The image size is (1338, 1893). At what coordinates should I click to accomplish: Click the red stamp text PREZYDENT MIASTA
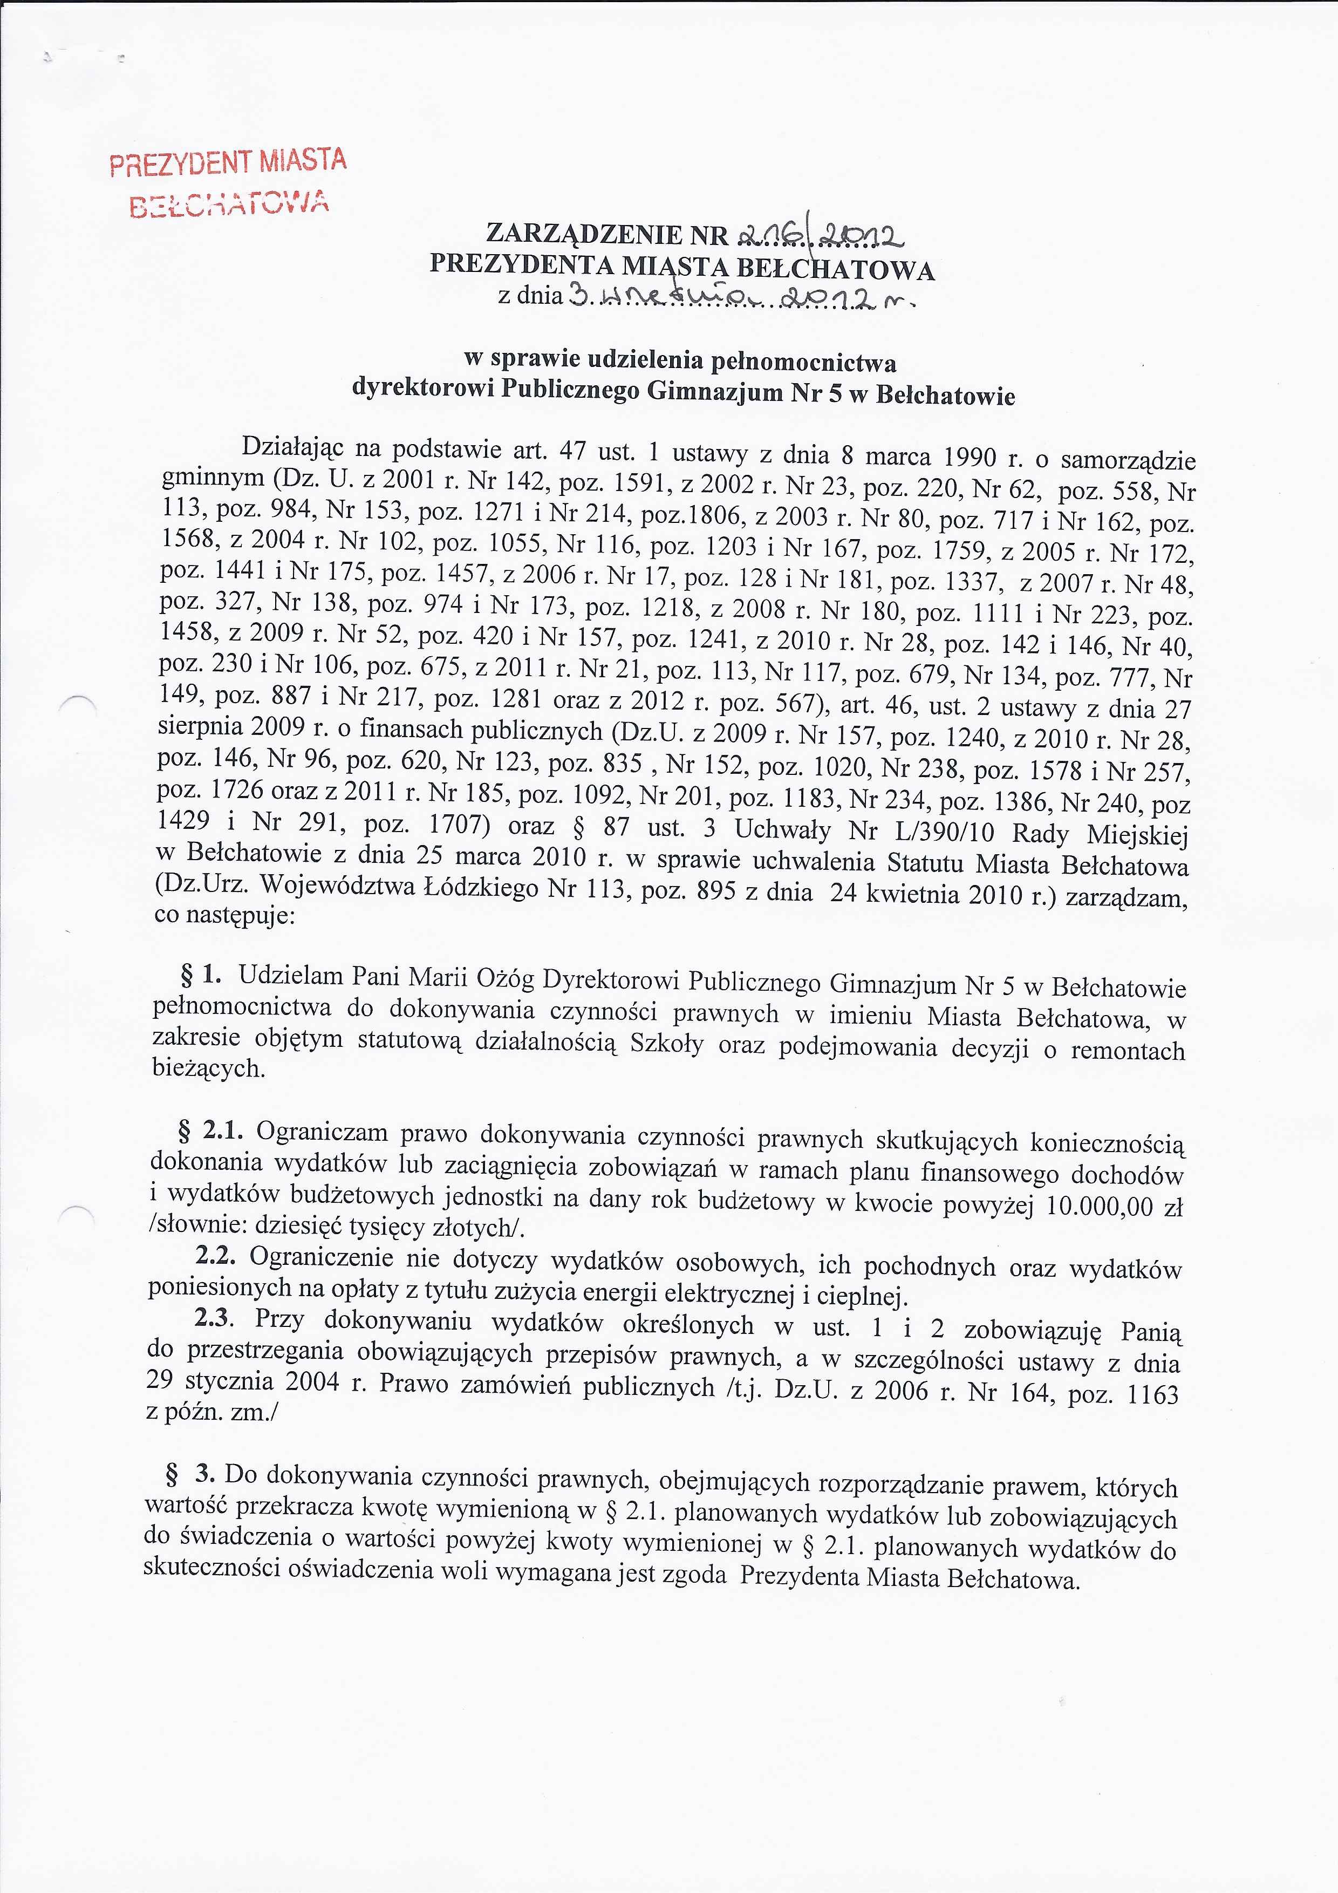click(228, 161)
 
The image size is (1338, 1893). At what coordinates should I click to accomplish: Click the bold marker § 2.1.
click(211, 1131)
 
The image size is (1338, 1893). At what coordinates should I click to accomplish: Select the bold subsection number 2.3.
click(214, 1318)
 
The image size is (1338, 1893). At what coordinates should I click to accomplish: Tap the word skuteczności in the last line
click(211, 1568)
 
